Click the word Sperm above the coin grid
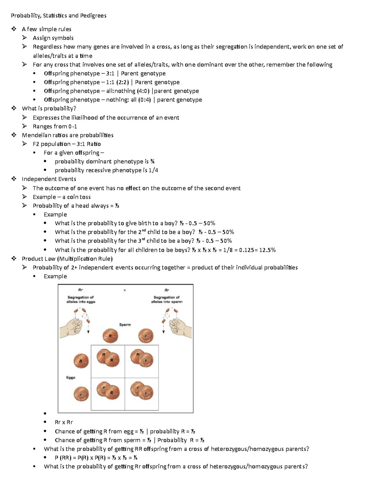[x=125, y=325]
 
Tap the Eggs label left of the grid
[x=71, y=377]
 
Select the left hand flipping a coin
[x=72, y=327]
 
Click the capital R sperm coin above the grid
[x=110, y=336]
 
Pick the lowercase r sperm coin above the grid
[x=146, y=336]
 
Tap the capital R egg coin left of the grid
[x=81, y=361]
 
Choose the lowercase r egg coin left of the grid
[x=81, y=394]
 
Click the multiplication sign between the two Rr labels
[x=125, y=291]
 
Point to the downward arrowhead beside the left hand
[x=88, y=332]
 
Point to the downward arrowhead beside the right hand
[x=163, y=332]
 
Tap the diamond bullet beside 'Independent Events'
[x=14, y=179]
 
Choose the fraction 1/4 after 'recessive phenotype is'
[x=154, y=170]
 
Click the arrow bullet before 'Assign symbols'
[x=25, y=38]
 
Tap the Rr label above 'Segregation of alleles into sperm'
[x=167, y=290]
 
